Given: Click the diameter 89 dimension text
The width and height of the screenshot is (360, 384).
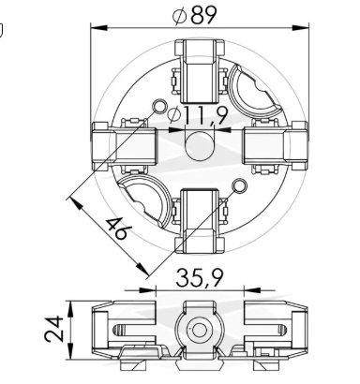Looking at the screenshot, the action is [195, 15].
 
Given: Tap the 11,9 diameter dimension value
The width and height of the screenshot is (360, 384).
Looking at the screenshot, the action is [198, 115].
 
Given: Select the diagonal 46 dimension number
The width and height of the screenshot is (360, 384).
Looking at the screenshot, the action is [116, 229].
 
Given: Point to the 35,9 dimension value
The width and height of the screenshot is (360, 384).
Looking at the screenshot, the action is [200, 278].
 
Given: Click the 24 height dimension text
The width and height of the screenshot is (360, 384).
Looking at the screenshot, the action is [53, 329].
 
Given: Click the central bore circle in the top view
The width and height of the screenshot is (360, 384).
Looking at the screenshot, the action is [200, 146].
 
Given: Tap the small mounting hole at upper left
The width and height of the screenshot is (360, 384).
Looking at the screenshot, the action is [159, 107].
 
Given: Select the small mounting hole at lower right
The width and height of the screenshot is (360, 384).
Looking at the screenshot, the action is [240, 186].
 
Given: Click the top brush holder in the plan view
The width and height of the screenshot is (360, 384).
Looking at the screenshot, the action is [200, 71].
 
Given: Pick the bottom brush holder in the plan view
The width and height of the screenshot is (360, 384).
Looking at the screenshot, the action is [200, 221].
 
